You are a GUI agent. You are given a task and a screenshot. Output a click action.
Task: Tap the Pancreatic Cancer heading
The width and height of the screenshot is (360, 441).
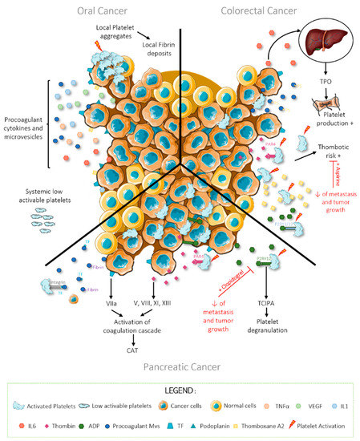tap(178, 366)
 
